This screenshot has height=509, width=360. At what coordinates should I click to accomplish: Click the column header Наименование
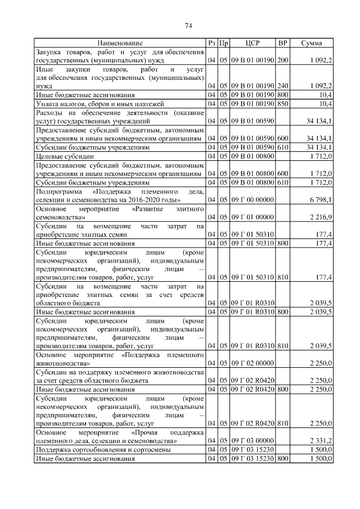pos(120,43)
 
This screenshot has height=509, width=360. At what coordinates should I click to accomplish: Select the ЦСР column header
pos(253,43)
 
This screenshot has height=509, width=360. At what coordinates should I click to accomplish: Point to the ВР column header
pos(283,43)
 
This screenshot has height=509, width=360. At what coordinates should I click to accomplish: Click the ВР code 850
pos(283,103)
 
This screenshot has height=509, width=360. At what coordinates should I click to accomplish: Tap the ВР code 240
pos(283,86)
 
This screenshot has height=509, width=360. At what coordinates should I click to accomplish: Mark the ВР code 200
pos(283,60)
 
